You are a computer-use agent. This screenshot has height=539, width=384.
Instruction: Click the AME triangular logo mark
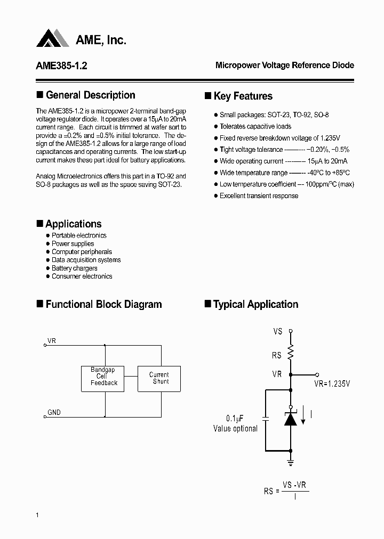click(53, 38)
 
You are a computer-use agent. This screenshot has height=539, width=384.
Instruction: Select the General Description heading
click(90, 95)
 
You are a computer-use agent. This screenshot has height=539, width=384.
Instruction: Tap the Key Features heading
click(243, 96)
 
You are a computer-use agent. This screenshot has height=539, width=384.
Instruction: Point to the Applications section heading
click(73, 224)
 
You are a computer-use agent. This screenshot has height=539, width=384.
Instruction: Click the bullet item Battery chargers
click(74, 268)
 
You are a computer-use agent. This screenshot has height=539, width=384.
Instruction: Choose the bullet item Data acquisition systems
click(86, 260)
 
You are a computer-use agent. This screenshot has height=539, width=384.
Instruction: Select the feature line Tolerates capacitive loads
click(255, 127)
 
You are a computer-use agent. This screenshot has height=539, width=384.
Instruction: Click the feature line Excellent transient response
click(259, 196)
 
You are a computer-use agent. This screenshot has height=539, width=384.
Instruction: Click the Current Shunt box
click(159, 378)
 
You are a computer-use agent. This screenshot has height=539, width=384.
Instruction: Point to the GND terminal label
click(54, 413)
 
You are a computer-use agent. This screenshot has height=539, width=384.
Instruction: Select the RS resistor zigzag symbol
click(291, 353)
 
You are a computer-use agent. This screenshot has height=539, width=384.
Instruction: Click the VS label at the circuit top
click(277, 331)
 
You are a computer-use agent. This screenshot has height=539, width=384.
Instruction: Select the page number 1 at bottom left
click(37, 514)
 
